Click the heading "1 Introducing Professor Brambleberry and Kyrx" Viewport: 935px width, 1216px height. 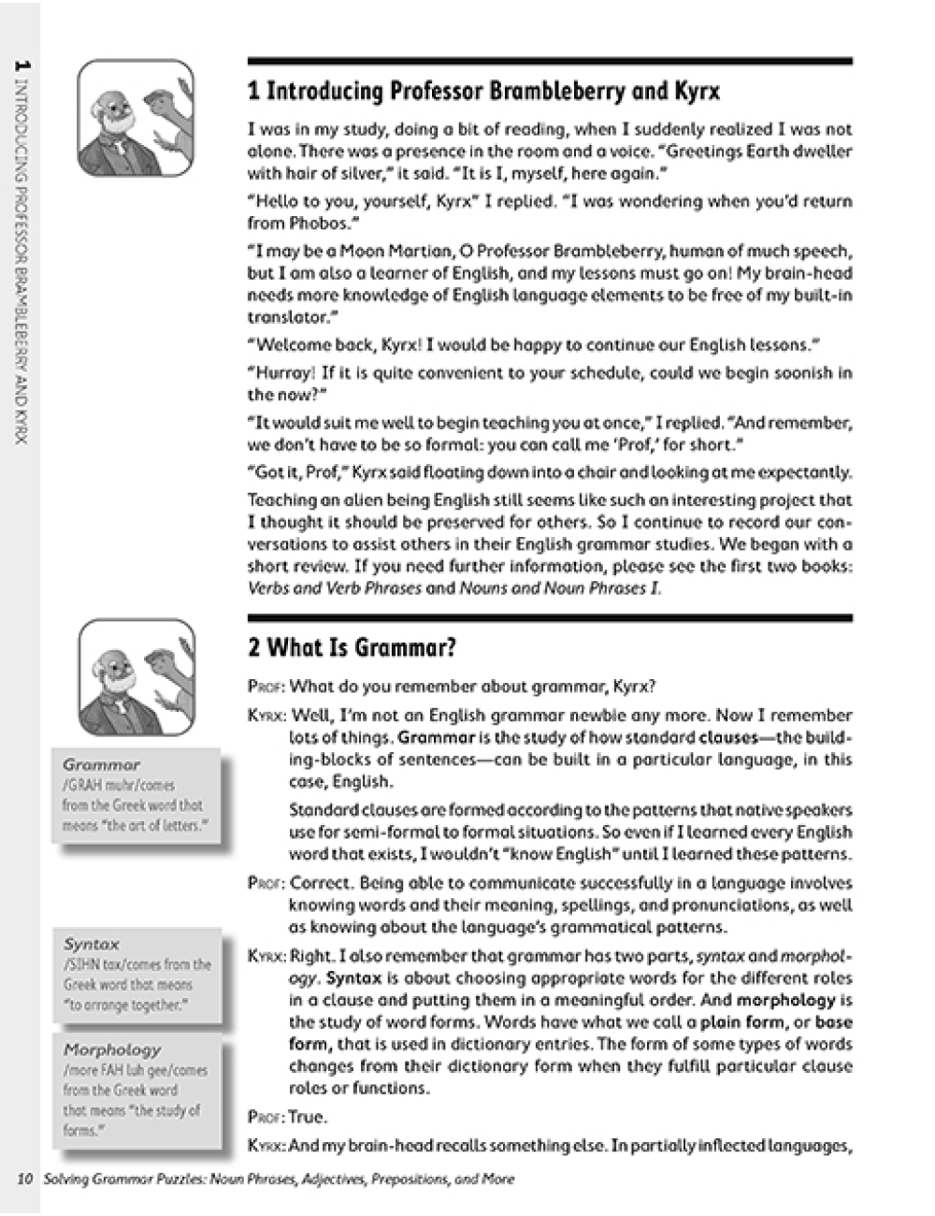[x=483, y=91]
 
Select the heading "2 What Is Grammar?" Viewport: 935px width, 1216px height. [x=352, y=647]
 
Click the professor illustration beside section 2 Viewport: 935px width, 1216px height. [x=137, y=677]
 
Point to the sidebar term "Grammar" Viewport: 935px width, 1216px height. [x=101, y=764]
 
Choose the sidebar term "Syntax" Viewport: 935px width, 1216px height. [x=92, y=944]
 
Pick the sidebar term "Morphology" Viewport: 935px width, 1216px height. [x=112, y=1050]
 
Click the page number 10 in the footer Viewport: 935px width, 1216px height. [x=25, y=1180]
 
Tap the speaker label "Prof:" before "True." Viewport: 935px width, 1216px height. [x=266, y=1117]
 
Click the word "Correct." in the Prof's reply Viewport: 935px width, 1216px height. [x=322, y=883]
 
